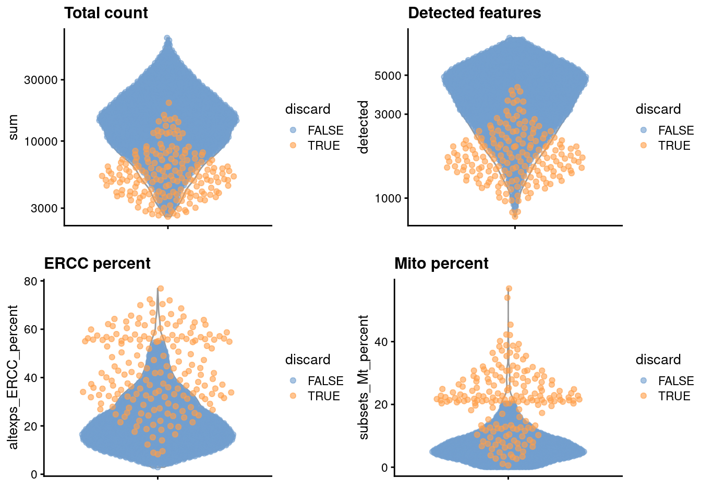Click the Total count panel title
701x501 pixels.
(106, 13)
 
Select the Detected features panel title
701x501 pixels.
(474, 13)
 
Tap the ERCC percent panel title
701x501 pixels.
(97, 264)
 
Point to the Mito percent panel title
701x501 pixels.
(441, 264)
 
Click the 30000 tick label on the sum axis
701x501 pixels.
(41, 80)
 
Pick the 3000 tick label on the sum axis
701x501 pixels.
(44, 208)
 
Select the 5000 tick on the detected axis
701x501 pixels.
(388, 76)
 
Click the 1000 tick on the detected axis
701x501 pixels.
(388, 198)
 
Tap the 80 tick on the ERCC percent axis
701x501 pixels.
(31, 281)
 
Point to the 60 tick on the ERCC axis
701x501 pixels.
(31, 329)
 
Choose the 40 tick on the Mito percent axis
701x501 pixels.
(381, 342)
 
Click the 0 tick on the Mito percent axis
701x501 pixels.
(384, 468)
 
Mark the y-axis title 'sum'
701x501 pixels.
(14, 127)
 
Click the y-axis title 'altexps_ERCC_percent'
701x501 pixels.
(14, 377)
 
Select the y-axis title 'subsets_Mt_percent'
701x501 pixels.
(364, 377)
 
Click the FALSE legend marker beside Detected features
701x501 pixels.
(643, 130)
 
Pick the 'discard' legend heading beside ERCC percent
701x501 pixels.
(308, 360)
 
